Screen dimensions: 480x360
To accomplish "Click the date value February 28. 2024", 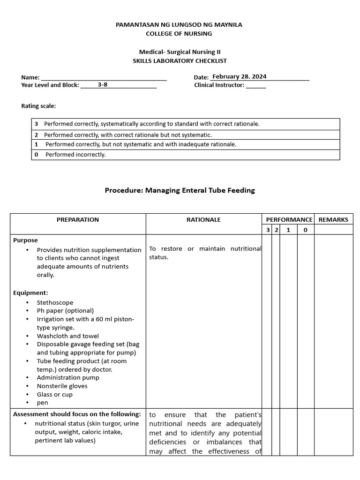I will coord(239,76).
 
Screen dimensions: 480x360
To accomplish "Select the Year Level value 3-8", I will coord(103,85).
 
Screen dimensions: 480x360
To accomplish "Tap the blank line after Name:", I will coord(104,78).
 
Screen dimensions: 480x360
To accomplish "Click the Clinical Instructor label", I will coord(219,85).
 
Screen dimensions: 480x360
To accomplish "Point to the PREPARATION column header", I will coord(78,219).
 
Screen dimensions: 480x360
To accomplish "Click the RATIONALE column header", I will coord(203,219).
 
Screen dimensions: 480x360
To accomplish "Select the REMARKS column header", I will coord(333,219).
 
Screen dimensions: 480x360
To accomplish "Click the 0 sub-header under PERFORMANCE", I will coord(305,230).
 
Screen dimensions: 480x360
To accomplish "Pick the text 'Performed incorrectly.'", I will coord(75,155).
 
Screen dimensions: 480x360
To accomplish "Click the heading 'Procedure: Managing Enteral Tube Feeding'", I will coord(180,190).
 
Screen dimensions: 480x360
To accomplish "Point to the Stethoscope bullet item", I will coord(55,302).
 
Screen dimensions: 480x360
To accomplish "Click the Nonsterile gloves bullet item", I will coord(62,386).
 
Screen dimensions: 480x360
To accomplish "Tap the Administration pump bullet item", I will coord(68,377).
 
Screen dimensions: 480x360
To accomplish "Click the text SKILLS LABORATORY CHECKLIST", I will coord(180,61).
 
